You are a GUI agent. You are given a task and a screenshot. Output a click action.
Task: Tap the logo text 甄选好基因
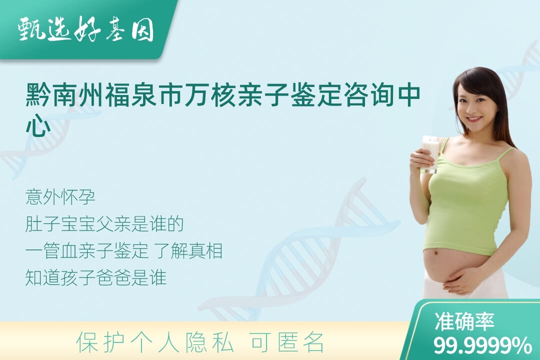(86, 29)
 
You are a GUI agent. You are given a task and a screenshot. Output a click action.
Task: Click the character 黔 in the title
(38, 94)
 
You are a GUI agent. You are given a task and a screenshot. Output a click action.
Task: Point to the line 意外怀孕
(60, 197)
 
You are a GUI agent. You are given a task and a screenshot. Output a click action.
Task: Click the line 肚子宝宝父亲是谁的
(104, 224)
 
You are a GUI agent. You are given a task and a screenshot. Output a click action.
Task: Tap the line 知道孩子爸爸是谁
(95, 277)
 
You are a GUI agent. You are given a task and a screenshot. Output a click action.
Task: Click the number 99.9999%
(482, 345)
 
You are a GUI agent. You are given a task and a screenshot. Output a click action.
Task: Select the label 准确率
(464, 321)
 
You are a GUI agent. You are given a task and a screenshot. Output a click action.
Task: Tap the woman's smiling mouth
(474, 119)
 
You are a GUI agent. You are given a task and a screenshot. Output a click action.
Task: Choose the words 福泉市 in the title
(144, 94)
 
